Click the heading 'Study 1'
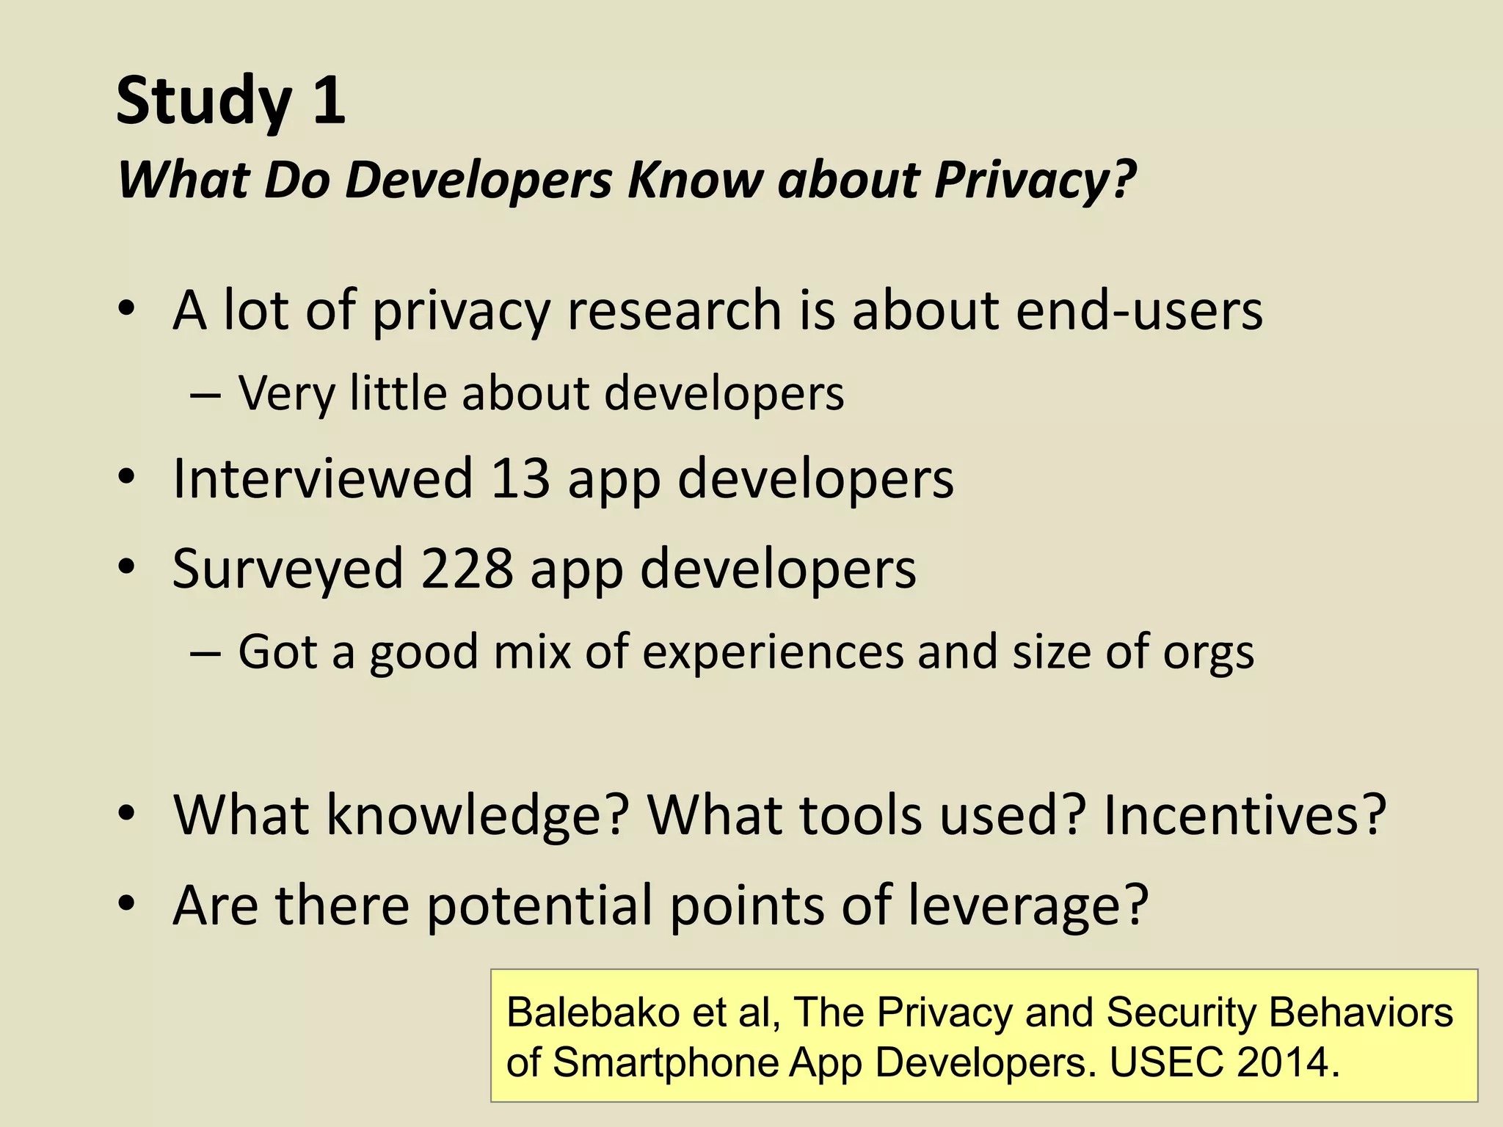[230, 101]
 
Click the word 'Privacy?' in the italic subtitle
[1035, 180]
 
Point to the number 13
[520, 478]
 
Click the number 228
[466, 569]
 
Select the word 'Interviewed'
[322, 478]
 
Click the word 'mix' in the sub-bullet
[532, 652]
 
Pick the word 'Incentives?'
[1244, 814]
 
